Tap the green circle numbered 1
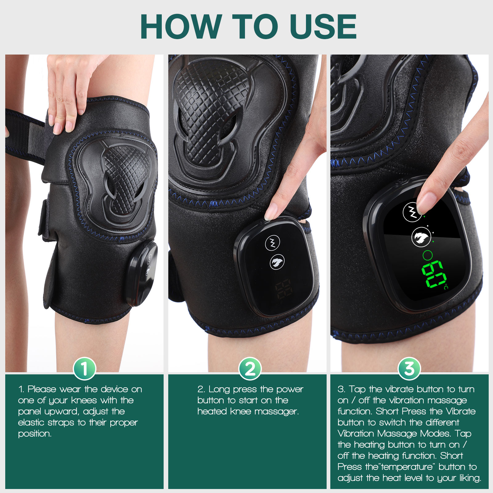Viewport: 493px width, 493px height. coord(84,369)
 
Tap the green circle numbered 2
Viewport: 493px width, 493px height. coord(250,369)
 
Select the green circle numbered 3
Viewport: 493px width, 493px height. coord(409,369)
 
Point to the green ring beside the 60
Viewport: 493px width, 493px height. coord(428,255)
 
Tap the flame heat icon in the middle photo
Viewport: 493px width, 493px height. coord(277,262)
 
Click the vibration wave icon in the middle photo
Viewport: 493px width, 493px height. coord(273,242)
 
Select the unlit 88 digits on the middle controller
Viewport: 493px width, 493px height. coord(284,289)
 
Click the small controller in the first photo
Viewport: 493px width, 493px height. coord(142,273)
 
